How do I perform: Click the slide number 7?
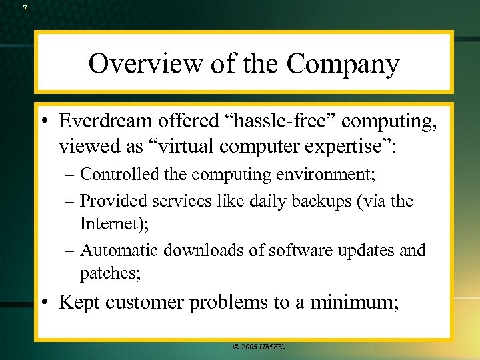[25, 9]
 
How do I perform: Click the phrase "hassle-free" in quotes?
[259, 121]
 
